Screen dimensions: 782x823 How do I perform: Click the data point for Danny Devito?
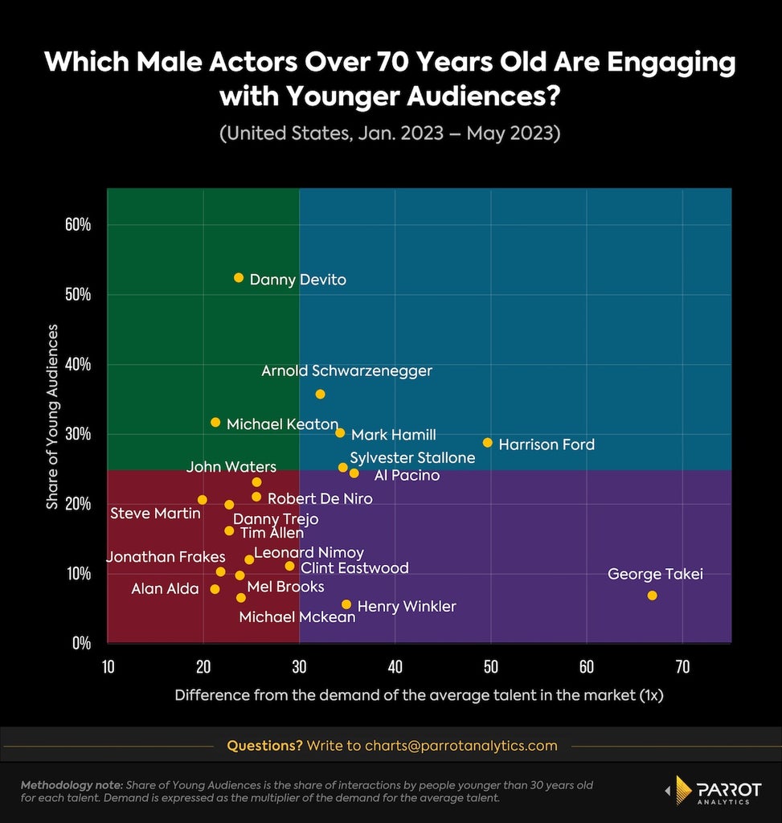(x=238, y=277)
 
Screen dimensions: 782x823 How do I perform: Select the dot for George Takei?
(x=652, y=596)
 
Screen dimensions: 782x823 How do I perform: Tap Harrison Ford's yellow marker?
(x=488, y=443)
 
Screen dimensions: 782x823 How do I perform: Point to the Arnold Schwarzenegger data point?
(x=320, y=394)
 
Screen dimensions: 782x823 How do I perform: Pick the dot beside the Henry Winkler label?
(x=346, y=604)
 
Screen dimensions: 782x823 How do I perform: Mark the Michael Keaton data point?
(x=215, y=422)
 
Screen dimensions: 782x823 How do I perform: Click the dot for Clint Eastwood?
(x=289, y=566)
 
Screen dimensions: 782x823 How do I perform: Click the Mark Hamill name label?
(x=394, y=435)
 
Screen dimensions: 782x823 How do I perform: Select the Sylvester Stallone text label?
(x=412, y=457)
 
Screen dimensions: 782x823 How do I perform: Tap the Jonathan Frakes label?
(x=166, y=557)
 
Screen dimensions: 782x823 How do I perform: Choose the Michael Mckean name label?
(x=297, y=616)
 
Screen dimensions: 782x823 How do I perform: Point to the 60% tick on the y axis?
(x=78, y=225)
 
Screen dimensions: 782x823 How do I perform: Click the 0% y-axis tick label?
(x=82, y=643)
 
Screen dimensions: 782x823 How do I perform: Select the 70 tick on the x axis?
(x=682, y=666)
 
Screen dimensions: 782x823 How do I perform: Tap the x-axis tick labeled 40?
(x=395, y=666)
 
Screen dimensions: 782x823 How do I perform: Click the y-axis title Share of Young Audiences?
(x=52, y=417)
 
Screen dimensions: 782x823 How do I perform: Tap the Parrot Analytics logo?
(x=713, y=790)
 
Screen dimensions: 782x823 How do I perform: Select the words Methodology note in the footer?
(x=72, y=785)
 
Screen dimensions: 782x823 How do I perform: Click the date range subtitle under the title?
(x=390, y=133)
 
